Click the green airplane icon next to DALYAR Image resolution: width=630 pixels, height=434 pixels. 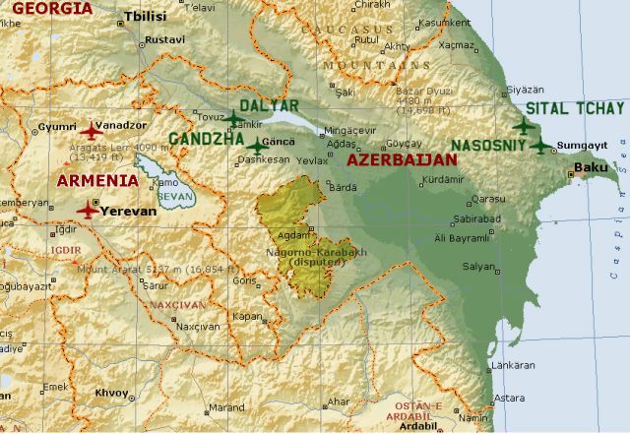pos(233,118)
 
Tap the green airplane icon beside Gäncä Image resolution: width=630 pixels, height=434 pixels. pos(257,146)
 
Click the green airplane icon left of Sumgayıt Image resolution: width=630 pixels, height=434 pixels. pos(540,146)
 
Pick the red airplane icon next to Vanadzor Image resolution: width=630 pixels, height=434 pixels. pos(92,130)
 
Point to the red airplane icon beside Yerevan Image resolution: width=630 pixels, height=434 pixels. pos(88,210)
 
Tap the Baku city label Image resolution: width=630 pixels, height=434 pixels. pos(591,168)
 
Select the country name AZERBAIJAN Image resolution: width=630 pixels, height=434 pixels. pos(403,158)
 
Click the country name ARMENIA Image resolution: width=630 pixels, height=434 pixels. pos(96,180)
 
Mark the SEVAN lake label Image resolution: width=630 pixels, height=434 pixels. pos(171,197)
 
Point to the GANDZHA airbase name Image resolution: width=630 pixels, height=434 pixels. pos(206,140)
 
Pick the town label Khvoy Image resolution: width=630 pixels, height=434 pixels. pos(111,392)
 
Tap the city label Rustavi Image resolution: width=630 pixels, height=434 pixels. pos(164,40)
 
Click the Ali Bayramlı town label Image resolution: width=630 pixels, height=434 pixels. pos(460,237)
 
